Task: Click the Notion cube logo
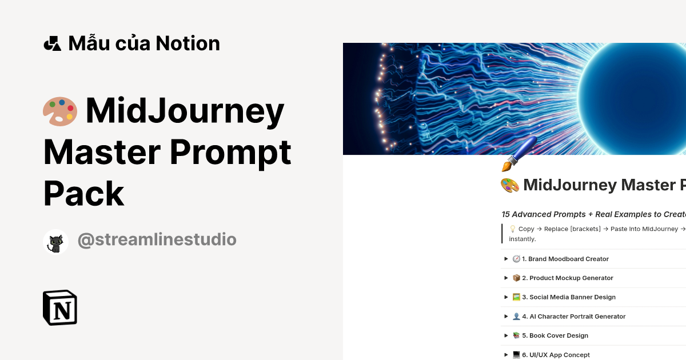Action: (x=60, y=308)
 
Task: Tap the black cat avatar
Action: (x=55, y=242)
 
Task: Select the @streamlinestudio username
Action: (x=157, y=240)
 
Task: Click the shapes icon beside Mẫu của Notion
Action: (x=52, y=43)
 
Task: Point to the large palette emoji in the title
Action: (x=60, y=111)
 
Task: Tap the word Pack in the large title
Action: (x=84, y=193)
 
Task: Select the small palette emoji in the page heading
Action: (x=509, y=185)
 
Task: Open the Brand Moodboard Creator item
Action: (x=568, y=259)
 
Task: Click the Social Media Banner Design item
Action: (x=572, y=297)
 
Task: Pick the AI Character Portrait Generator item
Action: (x=577, y=317)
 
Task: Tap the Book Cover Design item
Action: (x=559, y=335)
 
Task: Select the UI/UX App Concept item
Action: (x=559, y=355)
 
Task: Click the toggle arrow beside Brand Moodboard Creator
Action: (x=506, y=259)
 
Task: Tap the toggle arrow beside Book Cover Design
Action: (x=506, y=335)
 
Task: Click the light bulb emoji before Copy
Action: (x=513, y=229)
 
